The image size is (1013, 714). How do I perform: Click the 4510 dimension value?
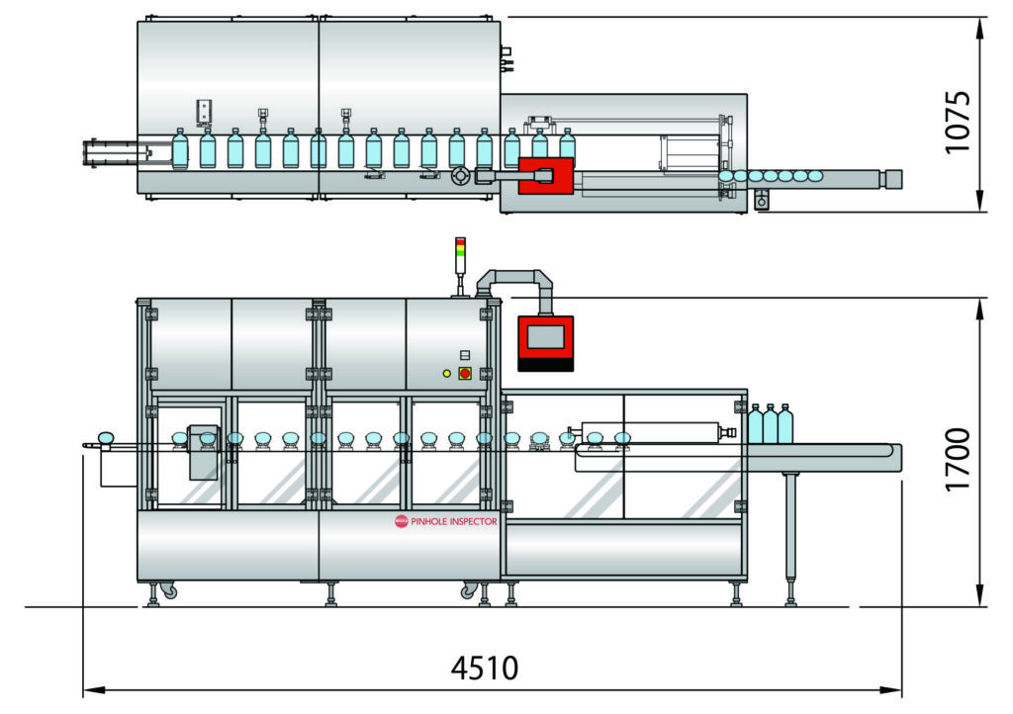pos(484,669)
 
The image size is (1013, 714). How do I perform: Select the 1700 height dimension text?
pos(957,459)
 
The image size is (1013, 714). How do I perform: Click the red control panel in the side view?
pos(545,342)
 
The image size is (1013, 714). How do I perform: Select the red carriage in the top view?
pos(545,176)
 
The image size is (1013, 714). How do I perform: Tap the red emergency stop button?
pos(464,373)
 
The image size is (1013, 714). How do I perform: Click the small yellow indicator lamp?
pos(447,373)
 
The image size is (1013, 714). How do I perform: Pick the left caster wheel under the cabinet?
pos(168,590)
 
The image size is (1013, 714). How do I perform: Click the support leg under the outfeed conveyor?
pos(790,534)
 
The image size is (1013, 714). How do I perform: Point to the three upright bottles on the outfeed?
pos(770,423)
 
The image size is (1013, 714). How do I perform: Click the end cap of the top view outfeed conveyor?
pos(893,178)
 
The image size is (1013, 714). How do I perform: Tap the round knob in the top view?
pos(460,177)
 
